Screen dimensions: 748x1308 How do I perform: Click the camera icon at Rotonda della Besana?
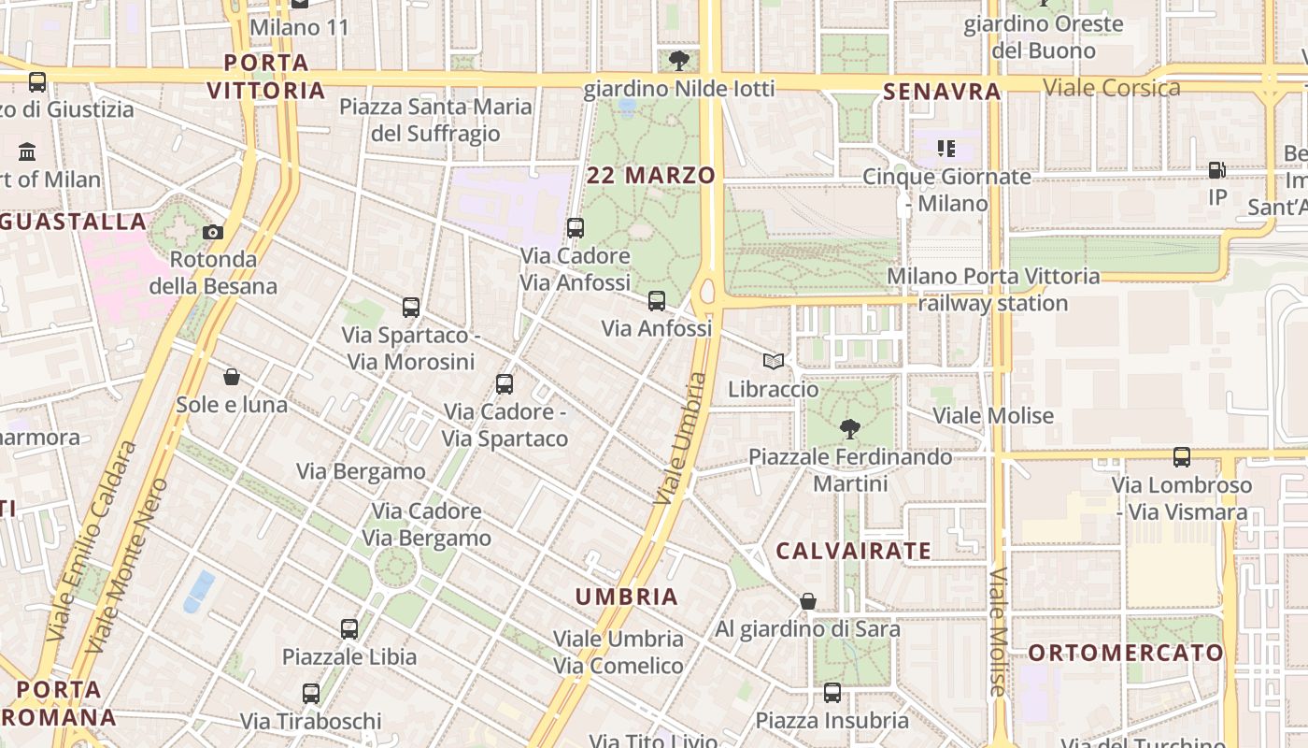click(213, 232)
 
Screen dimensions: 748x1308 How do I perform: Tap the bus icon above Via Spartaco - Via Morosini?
click(410, 307)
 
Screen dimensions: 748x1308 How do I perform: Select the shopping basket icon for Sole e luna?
click(232, 377)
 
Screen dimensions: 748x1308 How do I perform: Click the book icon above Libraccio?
click(773, 361)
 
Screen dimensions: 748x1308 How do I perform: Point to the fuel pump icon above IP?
click(1216, 170)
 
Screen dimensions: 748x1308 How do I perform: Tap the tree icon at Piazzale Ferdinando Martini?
click(849, 429)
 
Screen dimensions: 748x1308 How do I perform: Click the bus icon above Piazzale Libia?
click(349, 629)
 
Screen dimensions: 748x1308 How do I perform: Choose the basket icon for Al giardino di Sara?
click(808, 601)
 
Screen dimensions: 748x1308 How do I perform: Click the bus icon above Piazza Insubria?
click(832, 693)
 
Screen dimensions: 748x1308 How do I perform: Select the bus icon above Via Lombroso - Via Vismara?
click(1182, 457)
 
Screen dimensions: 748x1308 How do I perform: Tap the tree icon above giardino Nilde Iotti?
click(679, 61)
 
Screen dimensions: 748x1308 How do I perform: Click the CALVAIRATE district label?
click(854, 551)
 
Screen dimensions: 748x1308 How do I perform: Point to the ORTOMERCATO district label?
click(1126, 653)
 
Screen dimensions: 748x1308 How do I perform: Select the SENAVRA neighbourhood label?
click(942, 92)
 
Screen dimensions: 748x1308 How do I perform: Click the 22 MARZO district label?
click(651, 175)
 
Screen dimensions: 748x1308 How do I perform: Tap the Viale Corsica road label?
click(1112, 88)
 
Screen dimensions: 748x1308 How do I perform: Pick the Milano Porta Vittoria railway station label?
click(992, 290)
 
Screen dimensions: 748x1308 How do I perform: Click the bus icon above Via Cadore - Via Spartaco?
click(505, 383)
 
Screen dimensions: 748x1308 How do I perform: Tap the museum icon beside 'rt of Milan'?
click(27, 151)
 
